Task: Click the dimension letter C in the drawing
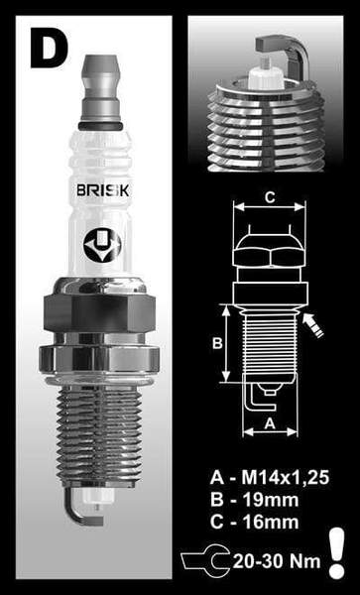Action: click(268, 197)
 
